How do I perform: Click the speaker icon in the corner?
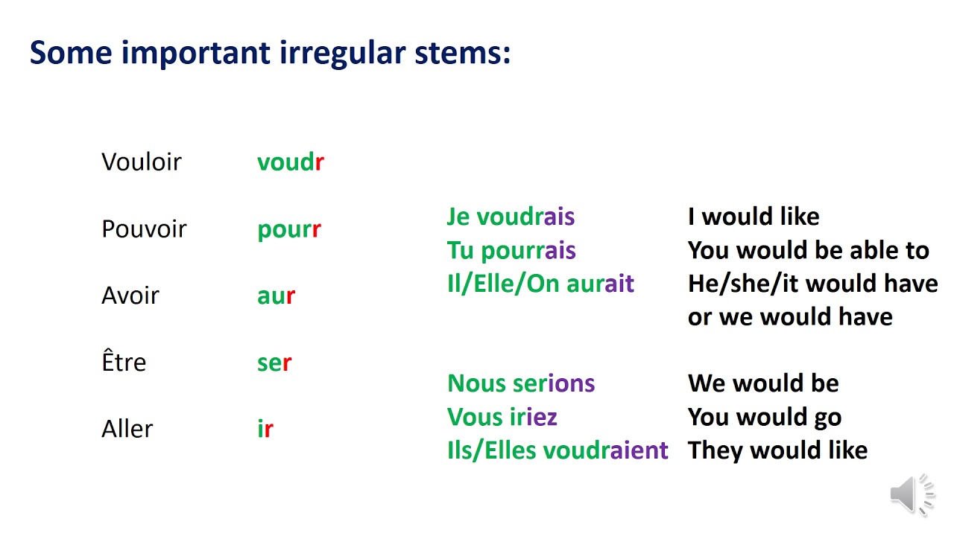pyautogui.click(x=911, y=494)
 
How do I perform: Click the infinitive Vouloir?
pyautogui.click(x=142, y=162)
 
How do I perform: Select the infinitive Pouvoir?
pyautogui.click(x=144, y=229)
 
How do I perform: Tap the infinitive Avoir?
pyautogui.click(x=130, y=296)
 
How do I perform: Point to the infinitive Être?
pyautogui.click(x=124, y=363)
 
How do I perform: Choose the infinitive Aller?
pyautogui.click(x=127, y=429)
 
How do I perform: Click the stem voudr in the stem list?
pyautogui.click(x=291, y=162)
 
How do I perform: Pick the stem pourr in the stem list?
pyautogui.click(x=289, y=229)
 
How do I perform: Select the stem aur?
pyautogui.click(x=276, y=296)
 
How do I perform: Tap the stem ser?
pyautogui.click(x=274, y=363)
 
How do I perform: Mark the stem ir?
pyautogui.click(x=265, y=429)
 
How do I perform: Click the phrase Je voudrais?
pyautogui.click(x=511, y=217)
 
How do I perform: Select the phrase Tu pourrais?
pyautogui.click(x=511, y=250)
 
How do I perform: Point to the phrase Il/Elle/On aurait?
pyautogui.click(x=540, y=284)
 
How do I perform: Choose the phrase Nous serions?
pyautogui.click(x=521, y=383)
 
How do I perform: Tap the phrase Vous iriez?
pyautogui.click(x=502, y=417)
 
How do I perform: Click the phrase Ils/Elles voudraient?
pyautogui.click(x=557, y=450)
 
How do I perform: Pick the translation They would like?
pyautogui.click(x=777, y=450)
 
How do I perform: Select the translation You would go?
pyautogui.click(x=765, y=417)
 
